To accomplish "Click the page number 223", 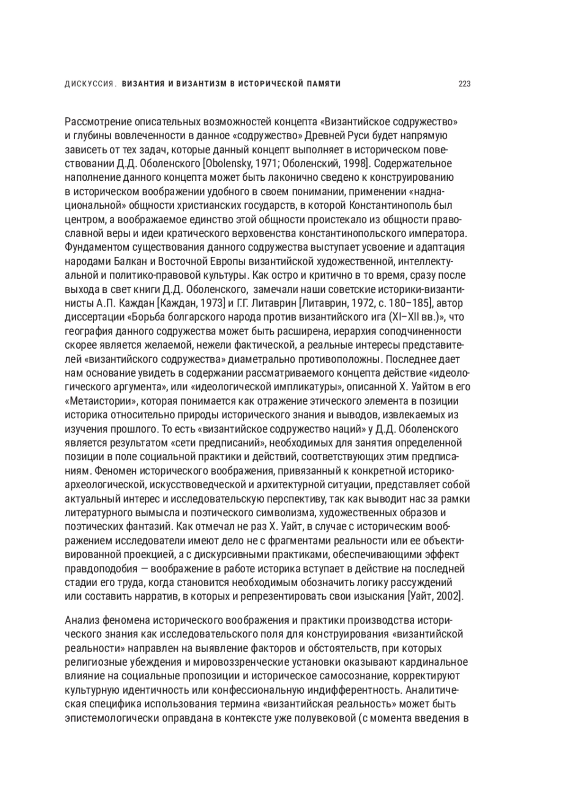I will click(x=464, y=84).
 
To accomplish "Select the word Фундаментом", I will click(x=96, y=247).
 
